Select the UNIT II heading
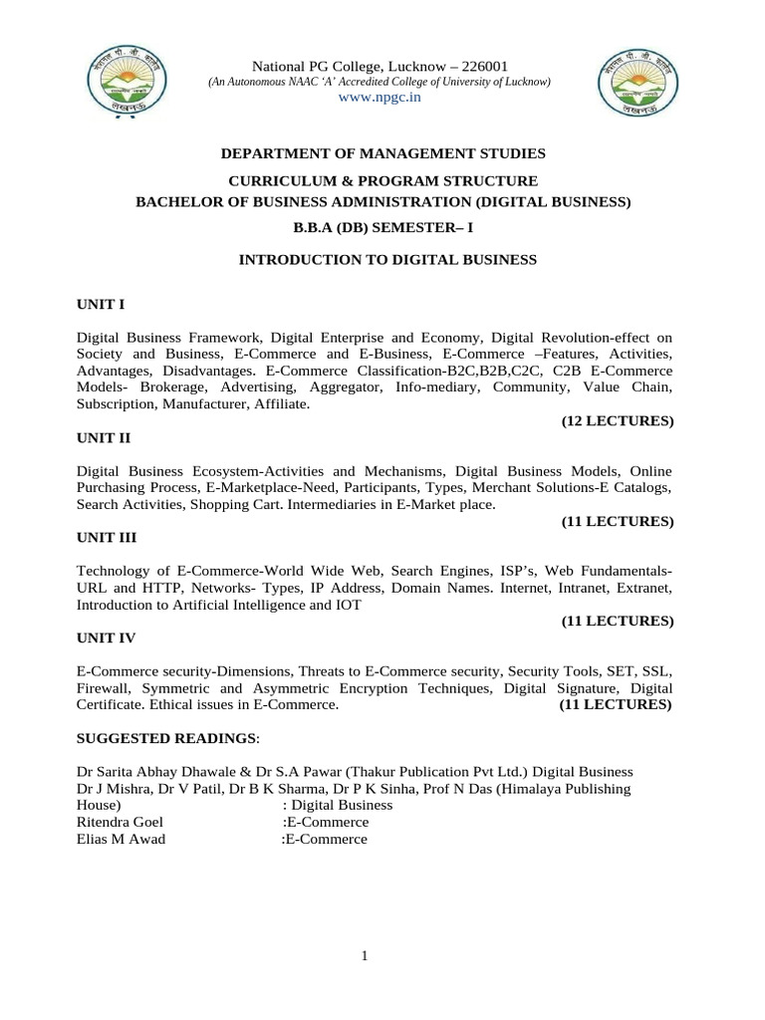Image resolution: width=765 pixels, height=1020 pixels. click(x=104, y=437)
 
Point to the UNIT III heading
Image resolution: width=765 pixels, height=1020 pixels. click(x=107, y=538)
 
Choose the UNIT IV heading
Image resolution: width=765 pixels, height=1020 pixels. click(x=107, y=637)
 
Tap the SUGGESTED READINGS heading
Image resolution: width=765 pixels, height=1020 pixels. click(x=166, y=738)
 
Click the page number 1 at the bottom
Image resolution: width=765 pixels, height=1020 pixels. click(x=366, y=957)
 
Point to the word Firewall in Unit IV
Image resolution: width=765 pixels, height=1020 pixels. click(x=106, y=688)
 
